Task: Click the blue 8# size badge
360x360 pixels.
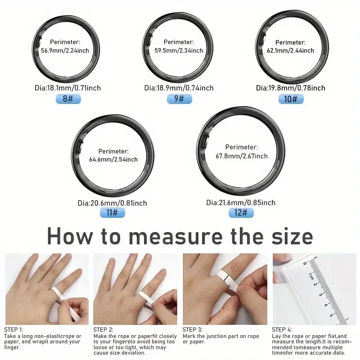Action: pos(68,99)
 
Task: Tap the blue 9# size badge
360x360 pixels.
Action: pos(179,99)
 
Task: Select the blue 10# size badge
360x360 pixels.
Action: pos(291,99)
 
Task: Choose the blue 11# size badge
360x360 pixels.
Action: pos(112,212)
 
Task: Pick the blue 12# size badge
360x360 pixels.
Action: pos(241,212)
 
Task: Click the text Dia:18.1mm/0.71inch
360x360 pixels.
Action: pos(68,88)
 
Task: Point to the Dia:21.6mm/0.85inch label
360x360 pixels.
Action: pos(241,202)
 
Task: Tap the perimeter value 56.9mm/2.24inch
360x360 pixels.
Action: pos(65,50)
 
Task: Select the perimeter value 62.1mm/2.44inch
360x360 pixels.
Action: pos(290,50)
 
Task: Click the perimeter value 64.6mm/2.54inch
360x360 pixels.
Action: pos(113,159)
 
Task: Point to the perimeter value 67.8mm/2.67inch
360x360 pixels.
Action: pos(242,156)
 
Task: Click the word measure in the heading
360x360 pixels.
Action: pos(176,237)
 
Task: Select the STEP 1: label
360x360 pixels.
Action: pos(13,330)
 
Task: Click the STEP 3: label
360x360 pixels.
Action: pos(193,330)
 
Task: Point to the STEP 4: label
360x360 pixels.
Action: pos(282,330)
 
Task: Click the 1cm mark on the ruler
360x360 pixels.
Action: pos(311,276)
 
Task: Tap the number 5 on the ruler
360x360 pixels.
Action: pos(331,315)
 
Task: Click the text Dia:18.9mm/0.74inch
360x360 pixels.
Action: pos(179,88)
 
